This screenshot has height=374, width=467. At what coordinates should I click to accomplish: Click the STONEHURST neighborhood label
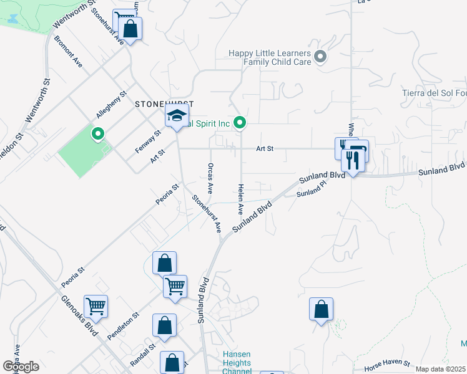[x=164, y=104]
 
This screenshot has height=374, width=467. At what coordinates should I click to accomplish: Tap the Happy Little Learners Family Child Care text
[x=270, y=58]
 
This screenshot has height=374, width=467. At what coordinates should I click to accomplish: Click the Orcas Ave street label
[x=210, y=177]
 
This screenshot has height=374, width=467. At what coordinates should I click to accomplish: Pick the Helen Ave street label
[x=240, y=199]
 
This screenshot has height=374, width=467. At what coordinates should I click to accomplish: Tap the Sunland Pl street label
[x=312, y=193]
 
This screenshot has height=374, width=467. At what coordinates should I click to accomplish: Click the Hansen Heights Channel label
[x=237, y=363]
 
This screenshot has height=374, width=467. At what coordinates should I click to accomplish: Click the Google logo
[x=21, y=366]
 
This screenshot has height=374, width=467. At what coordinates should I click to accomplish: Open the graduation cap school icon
[x=177, y=116]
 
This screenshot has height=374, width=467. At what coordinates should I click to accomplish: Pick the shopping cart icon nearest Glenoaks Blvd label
[x=96, y=306]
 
